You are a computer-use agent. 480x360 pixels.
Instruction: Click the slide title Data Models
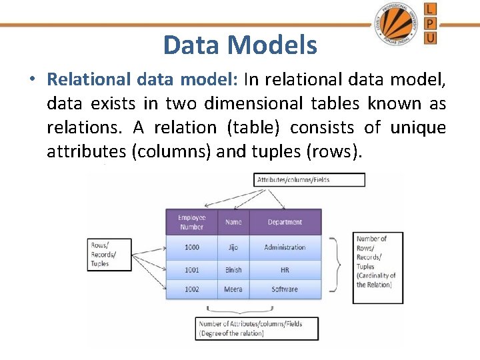(x=240, y=45)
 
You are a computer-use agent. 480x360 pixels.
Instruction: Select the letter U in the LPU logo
(x=431, y=39)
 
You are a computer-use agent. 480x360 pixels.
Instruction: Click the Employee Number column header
(x=192, y=222)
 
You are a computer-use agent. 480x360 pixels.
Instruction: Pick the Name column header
(x=233, y=222)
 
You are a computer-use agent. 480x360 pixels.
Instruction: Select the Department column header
(x=285, y=222)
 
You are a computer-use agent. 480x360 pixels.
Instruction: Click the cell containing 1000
(x=192, y=247)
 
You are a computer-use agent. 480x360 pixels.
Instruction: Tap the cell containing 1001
(x=192, y=270)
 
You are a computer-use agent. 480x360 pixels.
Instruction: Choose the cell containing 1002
(x=192, y=289)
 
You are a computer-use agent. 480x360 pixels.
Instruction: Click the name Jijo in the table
(x=233, y=247)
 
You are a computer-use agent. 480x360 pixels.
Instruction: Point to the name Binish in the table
(x=233, y=270)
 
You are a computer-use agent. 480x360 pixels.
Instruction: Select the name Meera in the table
(x=233, y=289)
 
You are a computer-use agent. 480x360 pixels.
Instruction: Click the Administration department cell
(x=285, y=247)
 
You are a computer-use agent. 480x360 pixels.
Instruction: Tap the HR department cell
(x=285, y=270)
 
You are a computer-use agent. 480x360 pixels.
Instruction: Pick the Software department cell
(x=285, y=289)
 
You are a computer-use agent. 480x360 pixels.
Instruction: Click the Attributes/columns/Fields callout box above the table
(x=310, y=180)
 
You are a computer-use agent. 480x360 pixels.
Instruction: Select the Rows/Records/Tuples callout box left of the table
(x=109, y=255)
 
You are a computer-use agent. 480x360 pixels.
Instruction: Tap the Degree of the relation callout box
(x=257, y=329)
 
